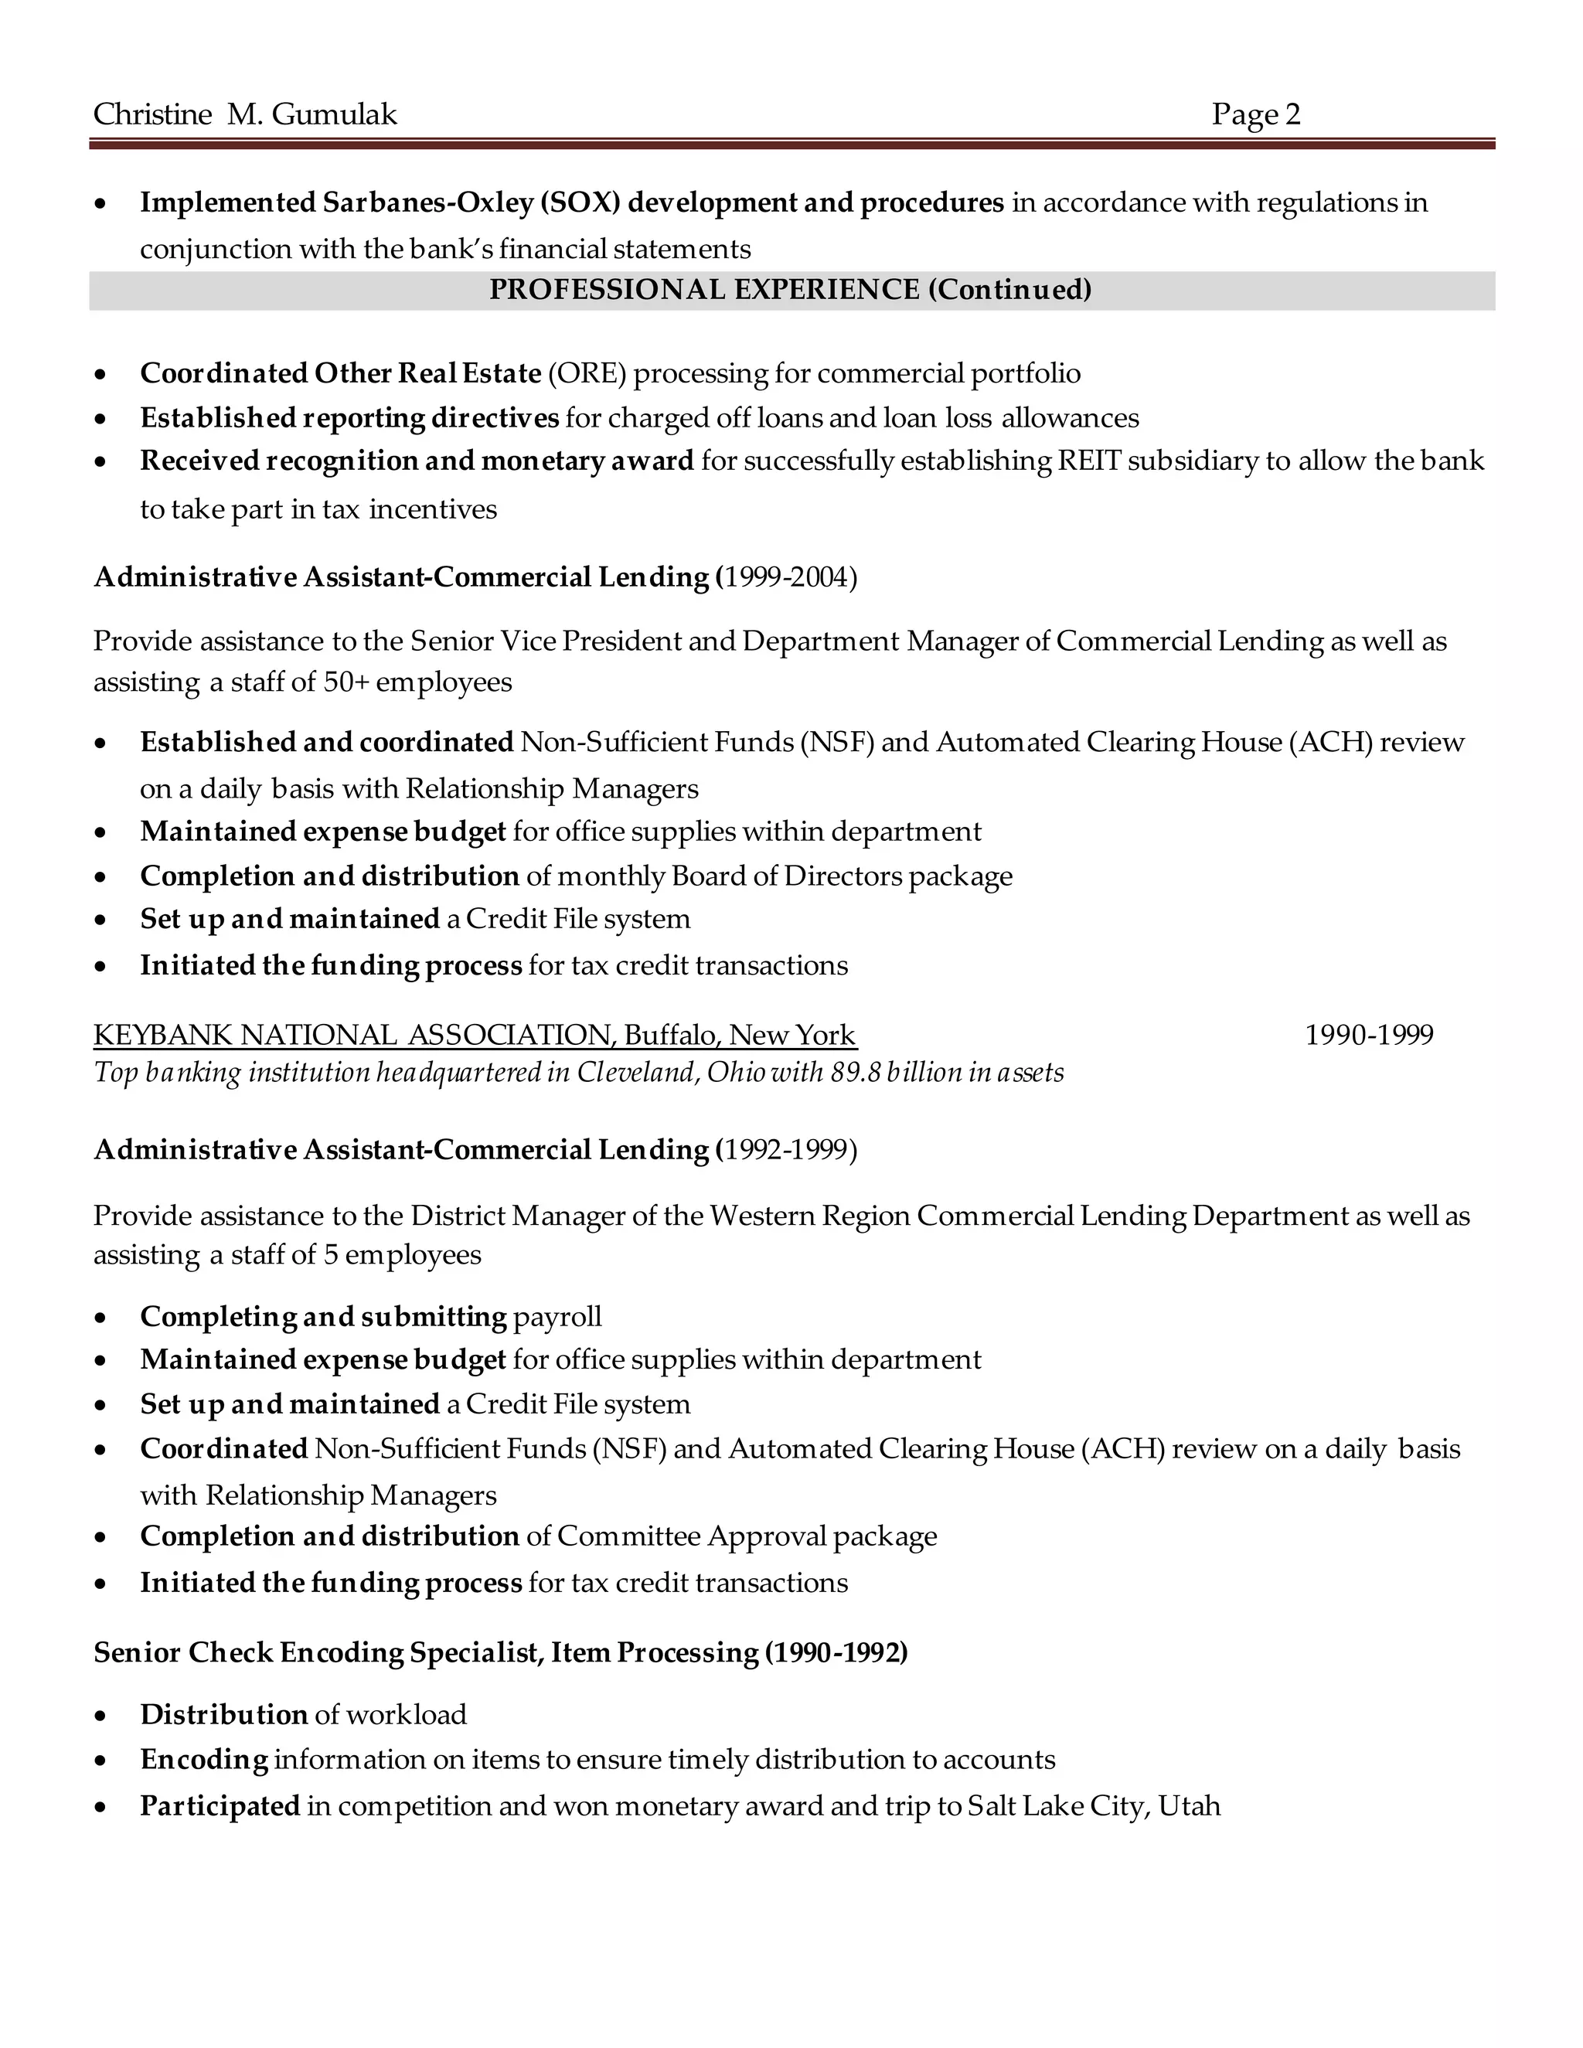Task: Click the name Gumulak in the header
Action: tap(334, 114)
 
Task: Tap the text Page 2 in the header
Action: tap(1256, 114)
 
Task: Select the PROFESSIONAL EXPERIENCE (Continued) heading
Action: tap(791, 290)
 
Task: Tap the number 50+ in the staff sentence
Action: tap(346, 682)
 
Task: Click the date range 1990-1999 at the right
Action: tap(1369, 1036)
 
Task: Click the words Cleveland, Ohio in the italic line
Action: tap(669, 1073)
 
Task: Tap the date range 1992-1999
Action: tap(788, 1151)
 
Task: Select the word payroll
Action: tap(557, 1317)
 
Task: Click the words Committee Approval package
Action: tap(747, 1537)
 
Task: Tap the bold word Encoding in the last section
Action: tap(204, 1760)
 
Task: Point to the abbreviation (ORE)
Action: tap(587, 374)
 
